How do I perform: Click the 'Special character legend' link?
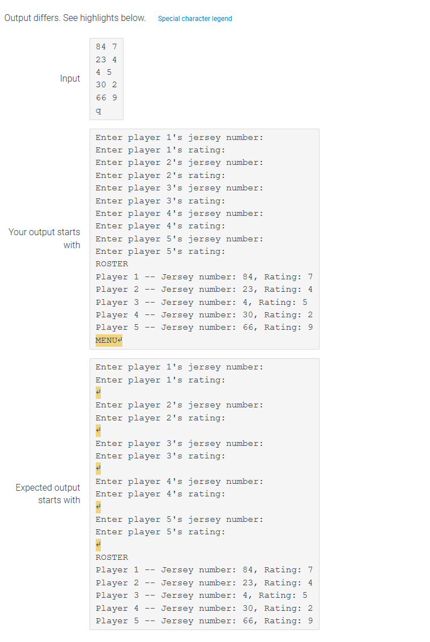195,19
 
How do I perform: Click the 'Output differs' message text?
75,18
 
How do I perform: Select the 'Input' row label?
70,79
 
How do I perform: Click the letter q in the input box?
99,110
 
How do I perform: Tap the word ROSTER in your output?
112,264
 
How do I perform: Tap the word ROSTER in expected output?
112,557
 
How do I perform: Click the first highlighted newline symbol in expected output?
99,392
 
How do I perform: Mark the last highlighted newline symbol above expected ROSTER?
99,545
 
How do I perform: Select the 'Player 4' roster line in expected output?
204,608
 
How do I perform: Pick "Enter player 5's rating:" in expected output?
160,532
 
